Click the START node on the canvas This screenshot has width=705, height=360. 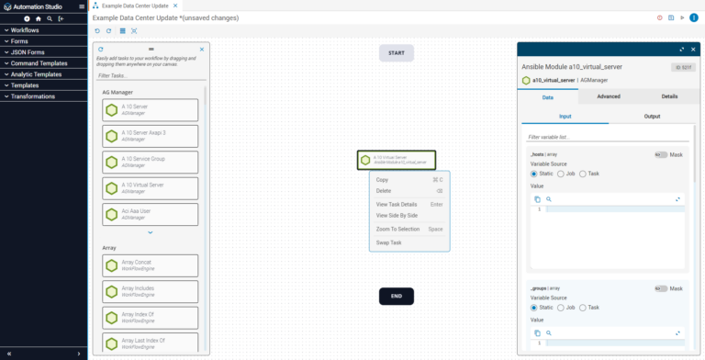point(397,53)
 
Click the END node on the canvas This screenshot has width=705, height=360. point(397,297)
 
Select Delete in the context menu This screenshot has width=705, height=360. point(384,191)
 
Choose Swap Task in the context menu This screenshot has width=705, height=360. point(389,242)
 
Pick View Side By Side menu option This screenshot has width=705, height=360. point(397,216)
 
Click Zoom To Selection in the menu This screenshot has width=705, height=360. point(397,229)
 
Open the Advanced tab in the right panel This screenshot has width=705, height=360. point(609,96)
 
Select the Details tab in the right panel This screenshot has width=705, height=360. point(669,96)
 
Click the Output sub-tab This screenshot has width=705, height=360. point(652,117)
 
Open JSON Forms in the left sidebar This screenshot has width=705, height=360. point(28,52)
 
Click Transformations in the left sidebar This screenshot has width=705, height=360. point(33,96)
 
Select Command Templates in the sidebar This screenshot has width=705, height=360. point(39,63)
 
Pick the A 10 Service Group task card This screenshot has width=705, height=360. point(151,162)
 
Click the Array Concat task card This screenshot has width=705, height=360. point(151,265)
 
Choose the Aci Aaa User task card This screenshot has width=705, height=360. point(151,214)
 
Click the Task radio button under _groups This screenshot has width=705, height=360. point(584,308)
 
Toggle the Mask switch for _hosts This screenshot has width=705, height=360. point(660,155)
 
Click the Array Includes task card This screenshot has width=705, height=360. point(151,291)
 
